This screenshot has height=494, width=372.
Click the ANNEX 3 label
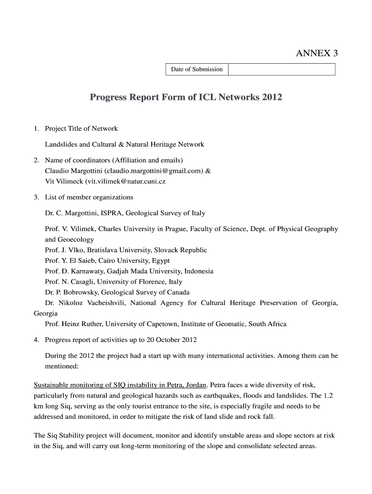point(316,54)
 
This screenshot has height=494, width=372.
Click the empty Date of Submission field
point(281,69)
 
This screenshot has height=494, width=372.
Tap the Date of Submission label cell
point(197,69)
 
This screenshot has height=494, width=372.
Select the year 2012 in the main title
point(272,97)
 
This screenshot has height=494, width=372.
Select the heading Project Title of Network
point(81,128)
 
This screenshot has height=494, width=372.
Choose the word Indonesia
point(197,271)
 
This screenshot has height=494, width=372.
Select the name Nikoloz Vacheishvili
point(92,303)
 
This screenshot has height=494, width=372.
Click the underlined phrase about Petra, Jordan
point(120,385)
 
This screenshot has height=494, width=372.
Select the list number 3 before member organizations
point(36,197)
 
